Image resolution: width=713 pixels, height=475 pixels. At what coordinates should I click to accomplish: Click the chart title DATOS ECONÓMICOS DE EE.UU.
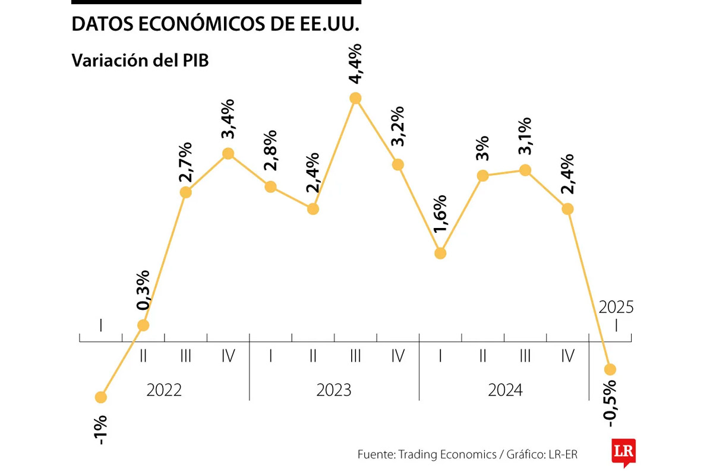point(216,24)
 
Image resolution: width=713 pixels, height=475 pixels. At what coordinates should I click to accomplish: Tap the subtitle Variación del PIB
point(140,61)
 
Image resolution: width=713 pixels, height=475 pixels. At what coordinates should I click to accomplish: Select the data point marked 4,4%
point(355,98)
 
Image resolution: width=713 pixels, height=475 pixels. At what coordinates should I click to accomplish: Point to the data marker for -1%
point(101,397)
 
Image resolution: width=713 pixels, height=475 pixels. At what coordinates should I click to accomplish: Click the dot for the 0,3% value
point(143,325)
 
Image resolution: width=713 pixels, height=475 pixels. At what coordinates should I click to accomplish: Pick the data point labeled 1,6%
point(440,253)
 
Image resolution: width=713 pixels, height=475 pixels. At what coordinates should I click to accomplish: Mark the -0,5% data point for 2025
point(610,369)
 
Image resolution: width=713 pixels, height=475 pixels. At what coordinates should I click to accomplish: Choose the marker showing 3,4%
point(228,153)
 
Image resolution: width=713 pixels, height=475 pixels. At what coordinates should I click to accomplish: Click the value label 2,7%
point(186,163)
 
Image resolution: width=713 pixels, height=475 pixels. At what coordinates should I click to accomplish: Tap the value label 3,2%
point(397,126)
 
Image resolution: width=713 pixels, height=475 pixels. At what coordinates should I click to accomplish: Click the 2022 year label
point(164,390)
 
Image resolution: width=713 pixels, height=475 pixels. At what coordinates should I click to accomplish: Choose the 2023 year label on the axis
point(334,390)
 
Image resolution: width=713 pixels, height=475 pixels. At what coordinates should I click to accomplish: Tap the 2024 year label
point(505,390)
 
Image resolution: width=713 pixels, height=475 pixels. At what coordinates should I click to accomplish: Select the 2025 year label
point(616,307)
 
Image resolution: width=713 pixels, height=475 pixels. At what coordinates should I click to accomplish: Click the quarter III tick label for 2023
point(355,356)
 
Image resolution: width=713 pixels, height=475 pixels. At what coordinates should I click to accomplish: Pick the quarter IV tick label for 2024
point(567,356)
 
